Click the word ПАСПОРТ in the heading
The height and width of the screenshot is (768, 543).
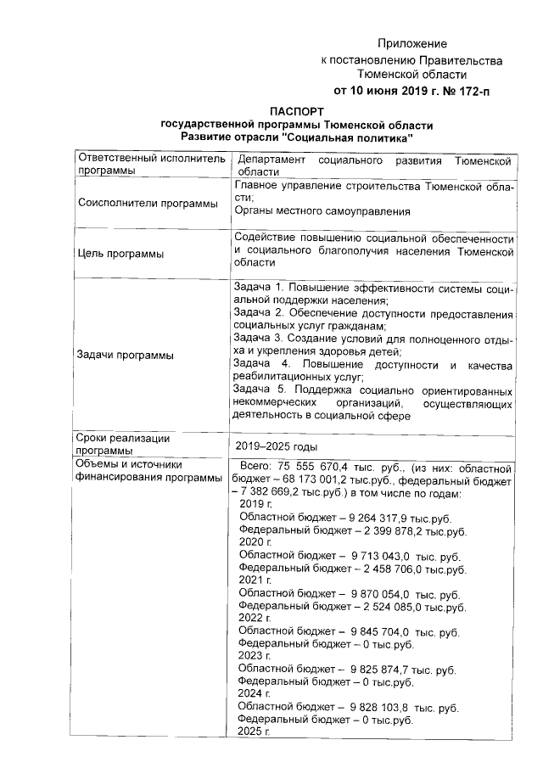coord(296,110)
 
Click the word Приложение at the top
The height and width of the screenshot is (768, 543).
coord(411,43)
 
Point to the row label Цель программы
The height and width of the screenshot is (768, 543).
coord(120,253)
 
